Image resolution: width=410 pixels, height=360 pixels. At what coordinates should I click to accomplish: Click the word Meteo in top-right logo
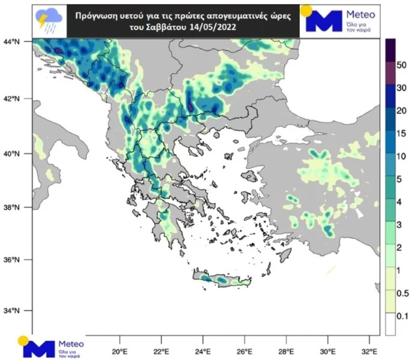pos(361,14)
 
